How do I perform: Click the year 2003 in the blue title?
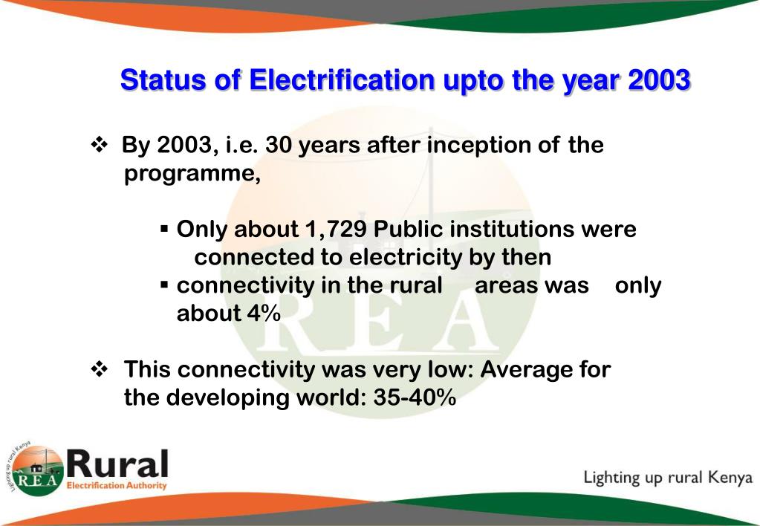point(659,79)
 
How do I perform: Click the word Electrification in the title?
point(341,79)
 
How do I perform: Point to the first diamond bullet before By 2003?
point(99,145)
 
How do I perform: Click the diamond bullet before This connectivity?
point(99,369)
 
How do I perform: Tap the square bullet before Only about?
point(165,230)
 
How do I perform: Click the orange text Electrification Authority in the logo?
point(117,486)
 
